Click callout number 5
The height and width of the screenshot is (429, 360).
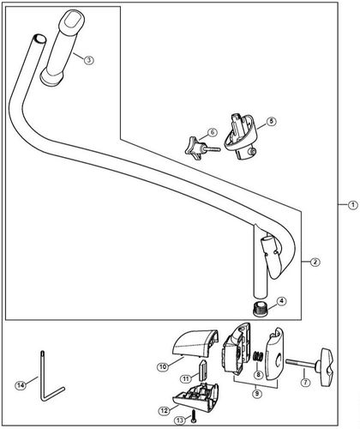click(271, 122)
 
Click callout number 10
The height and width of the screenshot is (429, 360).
click(162, 367)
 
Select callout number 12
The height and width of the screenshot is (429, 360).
click(164, 411)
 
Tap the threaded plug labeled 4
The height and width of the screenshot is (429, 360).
click(261, 306)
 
